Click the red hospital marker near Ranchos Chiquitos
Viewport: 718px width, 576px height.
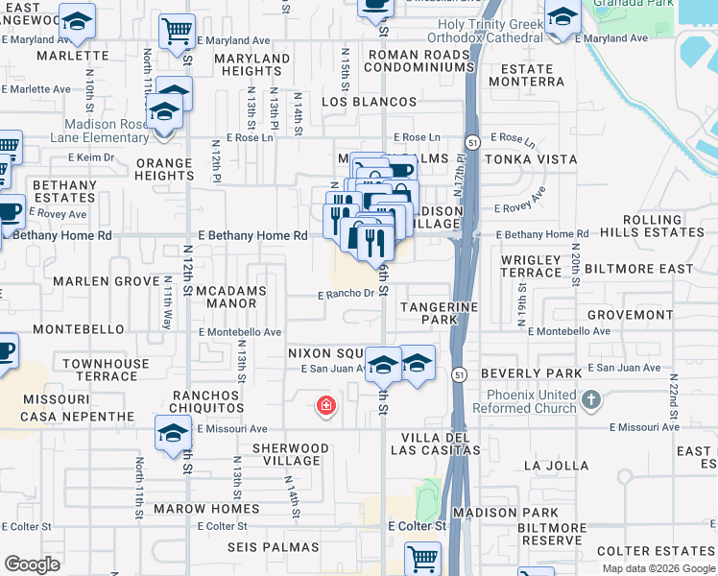coord(326,406)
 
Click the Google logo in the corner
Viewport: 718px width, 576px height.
coord(32,564)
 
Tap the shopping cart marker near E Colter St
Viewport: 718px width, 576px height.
coord(422,557)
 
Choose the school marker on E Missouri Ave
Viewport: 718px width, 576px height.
coord(173,433)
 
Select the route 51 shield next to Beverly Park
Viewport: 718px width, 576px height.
coord(460,374)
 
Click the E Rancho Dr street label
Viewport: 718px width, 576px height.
coord(346,295)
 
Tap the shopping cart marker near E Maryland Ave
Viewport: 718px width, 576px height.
coord(176,32)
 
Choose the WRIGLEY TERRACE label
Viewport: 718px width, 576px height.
coord(531,266)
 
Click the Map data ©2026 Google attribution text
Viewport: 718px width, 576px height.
coord(659,568)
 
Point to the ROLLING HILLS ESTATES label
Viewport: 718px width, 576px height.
coord(665,227)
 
